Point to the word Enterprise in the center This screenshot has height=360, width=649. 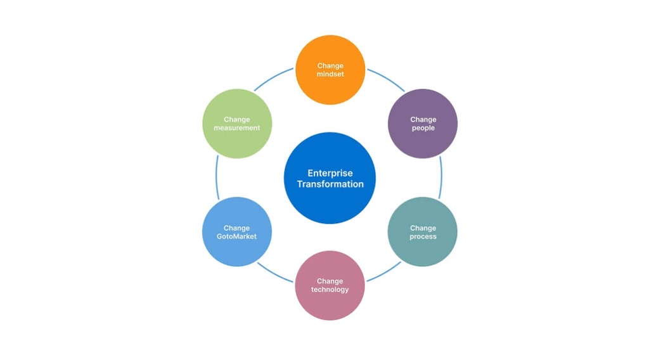pos(330,173)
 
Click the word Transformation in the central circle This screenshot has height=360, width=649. pos(330,184)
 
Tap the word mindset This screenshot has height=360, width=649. pos(330,74)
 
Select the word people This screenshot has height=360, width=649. pos(423,128)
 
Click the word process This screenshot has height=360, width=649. pos(423,237)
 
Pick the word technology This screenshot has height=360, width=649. pos(330,290)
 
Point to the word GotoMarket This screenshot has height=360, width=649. pos(237,237)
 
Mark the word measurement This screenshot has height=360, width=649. pos(237,128)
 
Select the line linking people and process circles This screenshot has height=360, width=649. pos(440,177)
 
